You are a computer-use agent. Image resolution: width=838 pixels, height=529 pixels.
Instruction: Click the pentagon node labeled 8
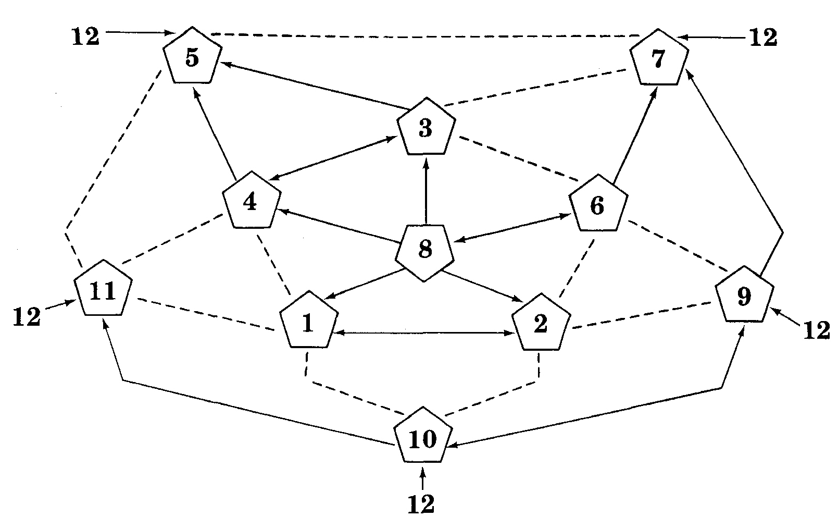coord(424,251)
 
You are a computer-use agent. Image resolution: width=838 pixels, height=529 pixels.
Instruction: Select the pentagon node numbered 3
coord(426,128)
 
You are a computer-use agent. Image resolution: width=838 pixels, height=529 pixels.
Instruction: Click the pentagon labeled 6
coord(598,205)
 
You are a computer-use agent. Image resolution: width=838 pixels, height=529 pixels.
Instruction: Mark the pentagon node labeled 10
coord(422,439)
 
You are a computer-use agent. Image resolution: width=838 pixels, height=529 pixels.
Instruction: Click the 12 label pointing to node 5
coord(86,37)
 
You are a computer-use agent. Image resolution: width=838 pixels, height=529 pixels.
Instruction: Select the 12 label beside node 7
coord(763,38)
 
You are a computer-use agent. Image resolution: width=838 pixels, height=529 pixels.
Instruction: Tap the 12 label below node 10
coord(421,504)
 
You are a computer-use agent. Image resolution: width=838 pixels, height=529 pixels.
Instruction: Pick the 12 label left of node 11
coord(27,316)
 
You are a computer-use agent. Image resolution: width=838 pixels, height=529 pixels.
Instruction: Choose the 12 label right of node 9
coord(816,330)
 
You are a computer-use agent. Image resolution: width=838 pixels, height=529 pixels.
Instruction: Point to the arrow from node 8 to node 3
coord(426,190)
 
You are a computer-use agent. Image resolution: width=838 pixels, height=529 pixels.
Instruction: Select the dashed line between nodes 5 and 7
coord(424,36)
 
